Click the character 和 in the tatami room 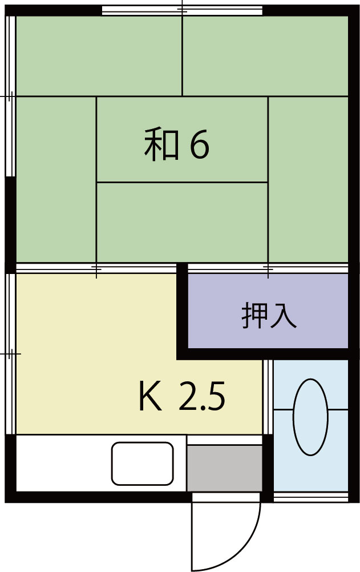[x=159, y=146]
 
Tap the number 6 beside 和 [x=199, y=146]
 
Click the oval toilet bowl [x=310, y=417]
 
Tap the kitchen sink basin [x=142, y=463]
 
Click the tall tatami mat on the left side [x=55, y=179]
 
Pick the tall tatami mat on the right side [x=308, y=179]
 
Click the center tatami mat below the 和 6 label [x=182, y=221]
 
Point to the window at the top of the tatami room [x=182, y=10]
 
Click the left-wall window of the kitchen [x=9, y=354]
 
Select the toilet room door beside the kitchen [x=267, y=397]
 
